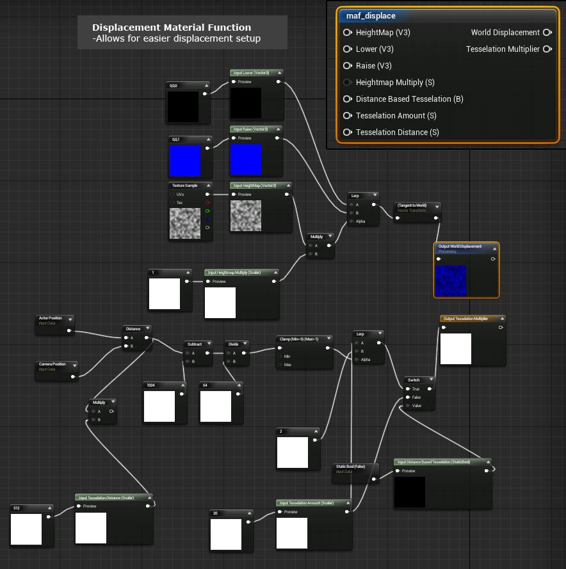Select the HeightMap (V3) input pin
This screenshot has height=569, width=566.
tap(347, 33)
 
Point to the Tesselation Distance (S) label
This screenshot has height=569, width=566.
tap(397, 132)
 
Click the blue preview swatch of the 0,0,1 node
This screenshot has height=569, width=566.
tap(185, 161)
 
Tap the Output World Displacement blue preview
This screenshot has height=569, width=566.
tap(451, 280)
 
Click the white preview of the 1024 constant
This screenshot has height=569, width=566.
tap(159, 406)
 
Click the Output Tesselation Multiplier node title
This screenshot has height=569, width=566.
tap(473, 319)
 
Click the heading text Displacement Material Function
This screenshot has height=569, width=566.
tap(172, 28)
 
